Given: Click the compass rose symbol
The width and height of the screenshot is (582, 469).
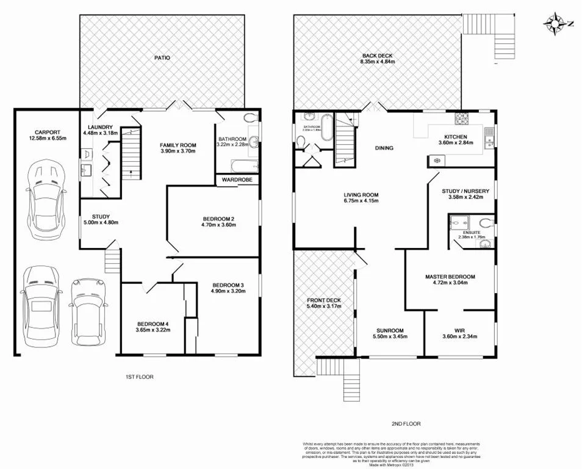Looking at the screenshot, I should coord(555,23).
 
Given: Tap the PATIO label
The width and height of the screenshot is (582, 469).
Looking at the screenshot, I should coord(162,58).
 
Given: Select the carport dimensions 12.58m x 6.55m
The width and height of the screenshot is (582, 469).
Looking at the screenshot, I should coord(46,139).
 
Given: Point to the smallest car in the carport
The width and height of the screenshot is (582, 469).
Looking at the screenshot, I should coord(85,311).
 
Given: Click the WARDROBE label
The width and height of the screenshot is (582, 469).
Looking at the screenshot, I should coord(237,180).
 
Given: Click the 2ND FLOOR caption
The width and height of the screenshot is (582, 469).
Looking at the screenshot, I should coord(406,423).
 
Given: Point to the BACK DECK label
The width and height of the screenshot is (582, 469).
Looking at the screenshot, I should coord(377,56).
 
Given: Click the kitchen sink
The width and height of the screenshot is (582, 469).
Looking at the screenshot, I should coord(489,142).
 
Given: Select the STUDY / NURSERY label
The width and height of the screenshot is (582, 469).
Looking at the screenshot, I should coord(465,191).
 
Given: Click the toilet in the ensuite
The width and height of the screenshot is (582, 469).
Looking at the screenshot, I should coord(485,222).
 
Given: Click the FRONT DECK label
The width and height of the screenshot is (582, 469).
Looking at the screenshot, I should coord(324,300).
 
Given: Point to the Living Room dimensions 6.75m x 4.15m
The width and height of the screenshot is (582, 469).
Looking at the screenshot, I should coord(361,201).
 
